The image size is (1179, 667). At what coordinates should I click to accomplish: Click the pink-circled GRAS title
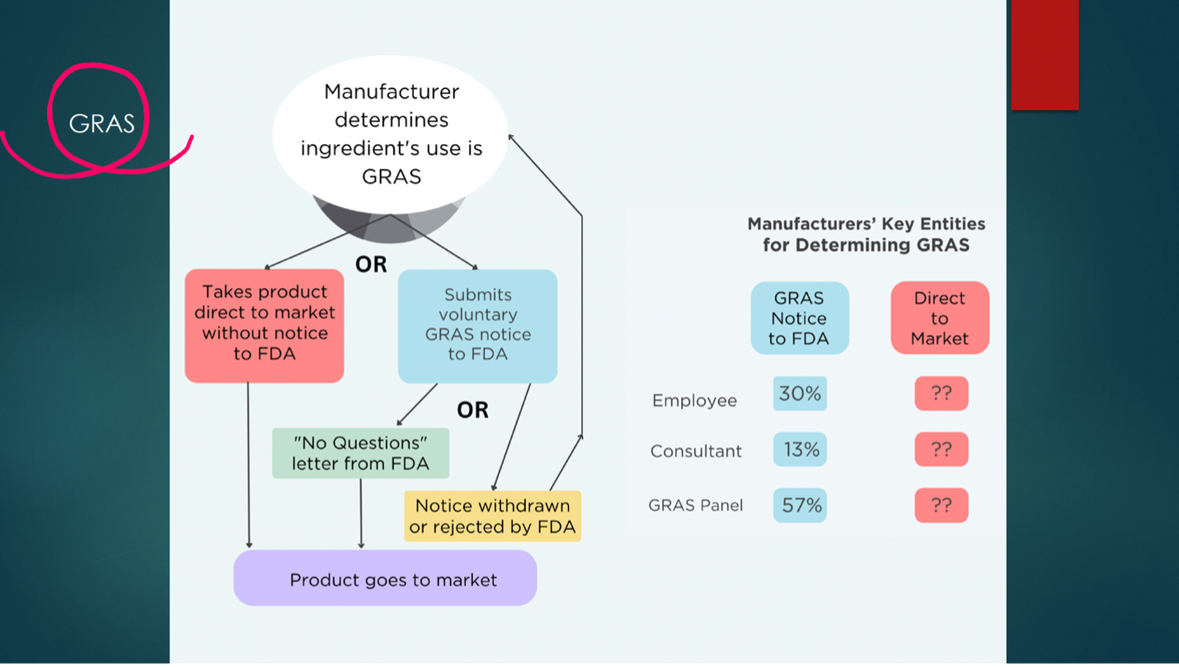(x=101, y=124)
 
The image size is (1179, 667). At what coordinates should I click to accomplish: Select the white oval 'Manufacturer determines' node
(x=391, y=134)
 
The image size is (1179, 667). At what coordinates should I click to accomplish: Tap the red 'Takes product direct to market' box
(x=265, y=323)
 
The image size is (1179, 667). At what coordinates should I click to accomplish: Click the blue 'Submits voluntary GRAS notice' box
(x=477, y=325)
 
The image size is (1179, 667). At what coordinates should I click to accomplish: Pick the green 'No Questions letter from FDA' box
(x=360, y=453)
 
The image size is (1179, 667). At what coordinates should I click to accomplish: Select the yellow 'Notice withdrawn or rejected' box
(x=492, y=516)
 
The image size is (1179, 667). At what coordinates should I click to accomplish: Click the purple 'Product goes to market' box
(x=385, y=579)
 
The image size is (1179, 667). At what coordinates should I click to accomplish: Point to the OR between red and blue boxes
(x=370, y=265)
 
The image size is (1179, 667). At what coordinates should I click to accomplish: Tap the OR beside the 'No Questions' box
(x=472, y=410)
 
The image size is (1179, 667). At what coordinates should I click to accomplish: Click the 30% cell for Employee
(x=800, y=394)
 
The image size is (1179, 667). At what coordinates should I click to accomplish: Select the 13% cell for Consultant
(x=800, y=449)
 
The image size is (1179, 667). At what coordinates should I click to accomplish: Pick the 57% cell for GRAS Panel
(x=800, y=505)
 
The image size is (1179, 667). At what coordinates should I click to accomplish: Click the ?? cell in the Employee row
(x=941, y=394)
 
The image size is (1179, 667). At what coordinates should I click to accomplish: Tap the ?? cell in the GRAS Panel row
(x=941, y=505)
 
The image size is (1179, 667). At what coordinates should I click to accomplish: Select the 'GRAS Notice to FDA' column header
(x=799, y=318)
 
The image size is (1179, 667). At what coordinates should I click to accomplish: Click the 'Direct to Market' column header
(x=940, y=318)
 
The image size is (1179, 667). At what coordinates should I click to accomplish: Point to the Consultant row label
(x=696, y=451)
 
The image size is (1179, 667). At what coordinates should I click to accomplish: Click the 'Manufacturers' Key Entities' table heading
(x=866, y=234)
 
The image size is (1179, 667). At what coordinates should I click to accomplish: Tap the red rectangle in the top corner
(x=1045, y=54)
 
